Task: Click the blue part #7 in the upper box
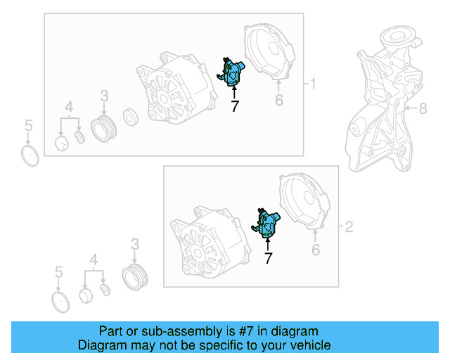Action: (231, 72)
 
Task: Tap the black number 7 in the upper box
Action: (235, 106)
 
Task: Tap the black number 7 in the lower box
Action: (268, 258)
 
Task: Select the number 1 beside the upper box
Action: (313, 84)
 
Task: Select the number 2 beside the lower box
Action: (349, 227)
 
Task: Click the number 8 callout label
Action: (423, 109)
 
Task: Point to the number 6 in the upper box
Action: (279, 100)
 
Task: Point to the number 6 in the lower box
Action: (316, 250)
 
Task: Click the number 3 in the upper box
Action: (105, 96)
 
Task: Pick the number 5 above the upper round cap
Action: (28, 126)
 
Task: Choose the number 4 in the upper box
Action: (69, 107)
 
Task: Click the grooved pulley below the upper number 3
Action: (103, 129)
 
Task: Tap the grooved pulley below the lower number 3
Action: (135, 277)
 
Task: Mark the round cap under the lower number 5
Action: (60, 302)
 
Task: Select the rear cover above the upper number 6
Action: (269, 51)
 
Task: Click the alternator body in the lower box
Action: (210, 242)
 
